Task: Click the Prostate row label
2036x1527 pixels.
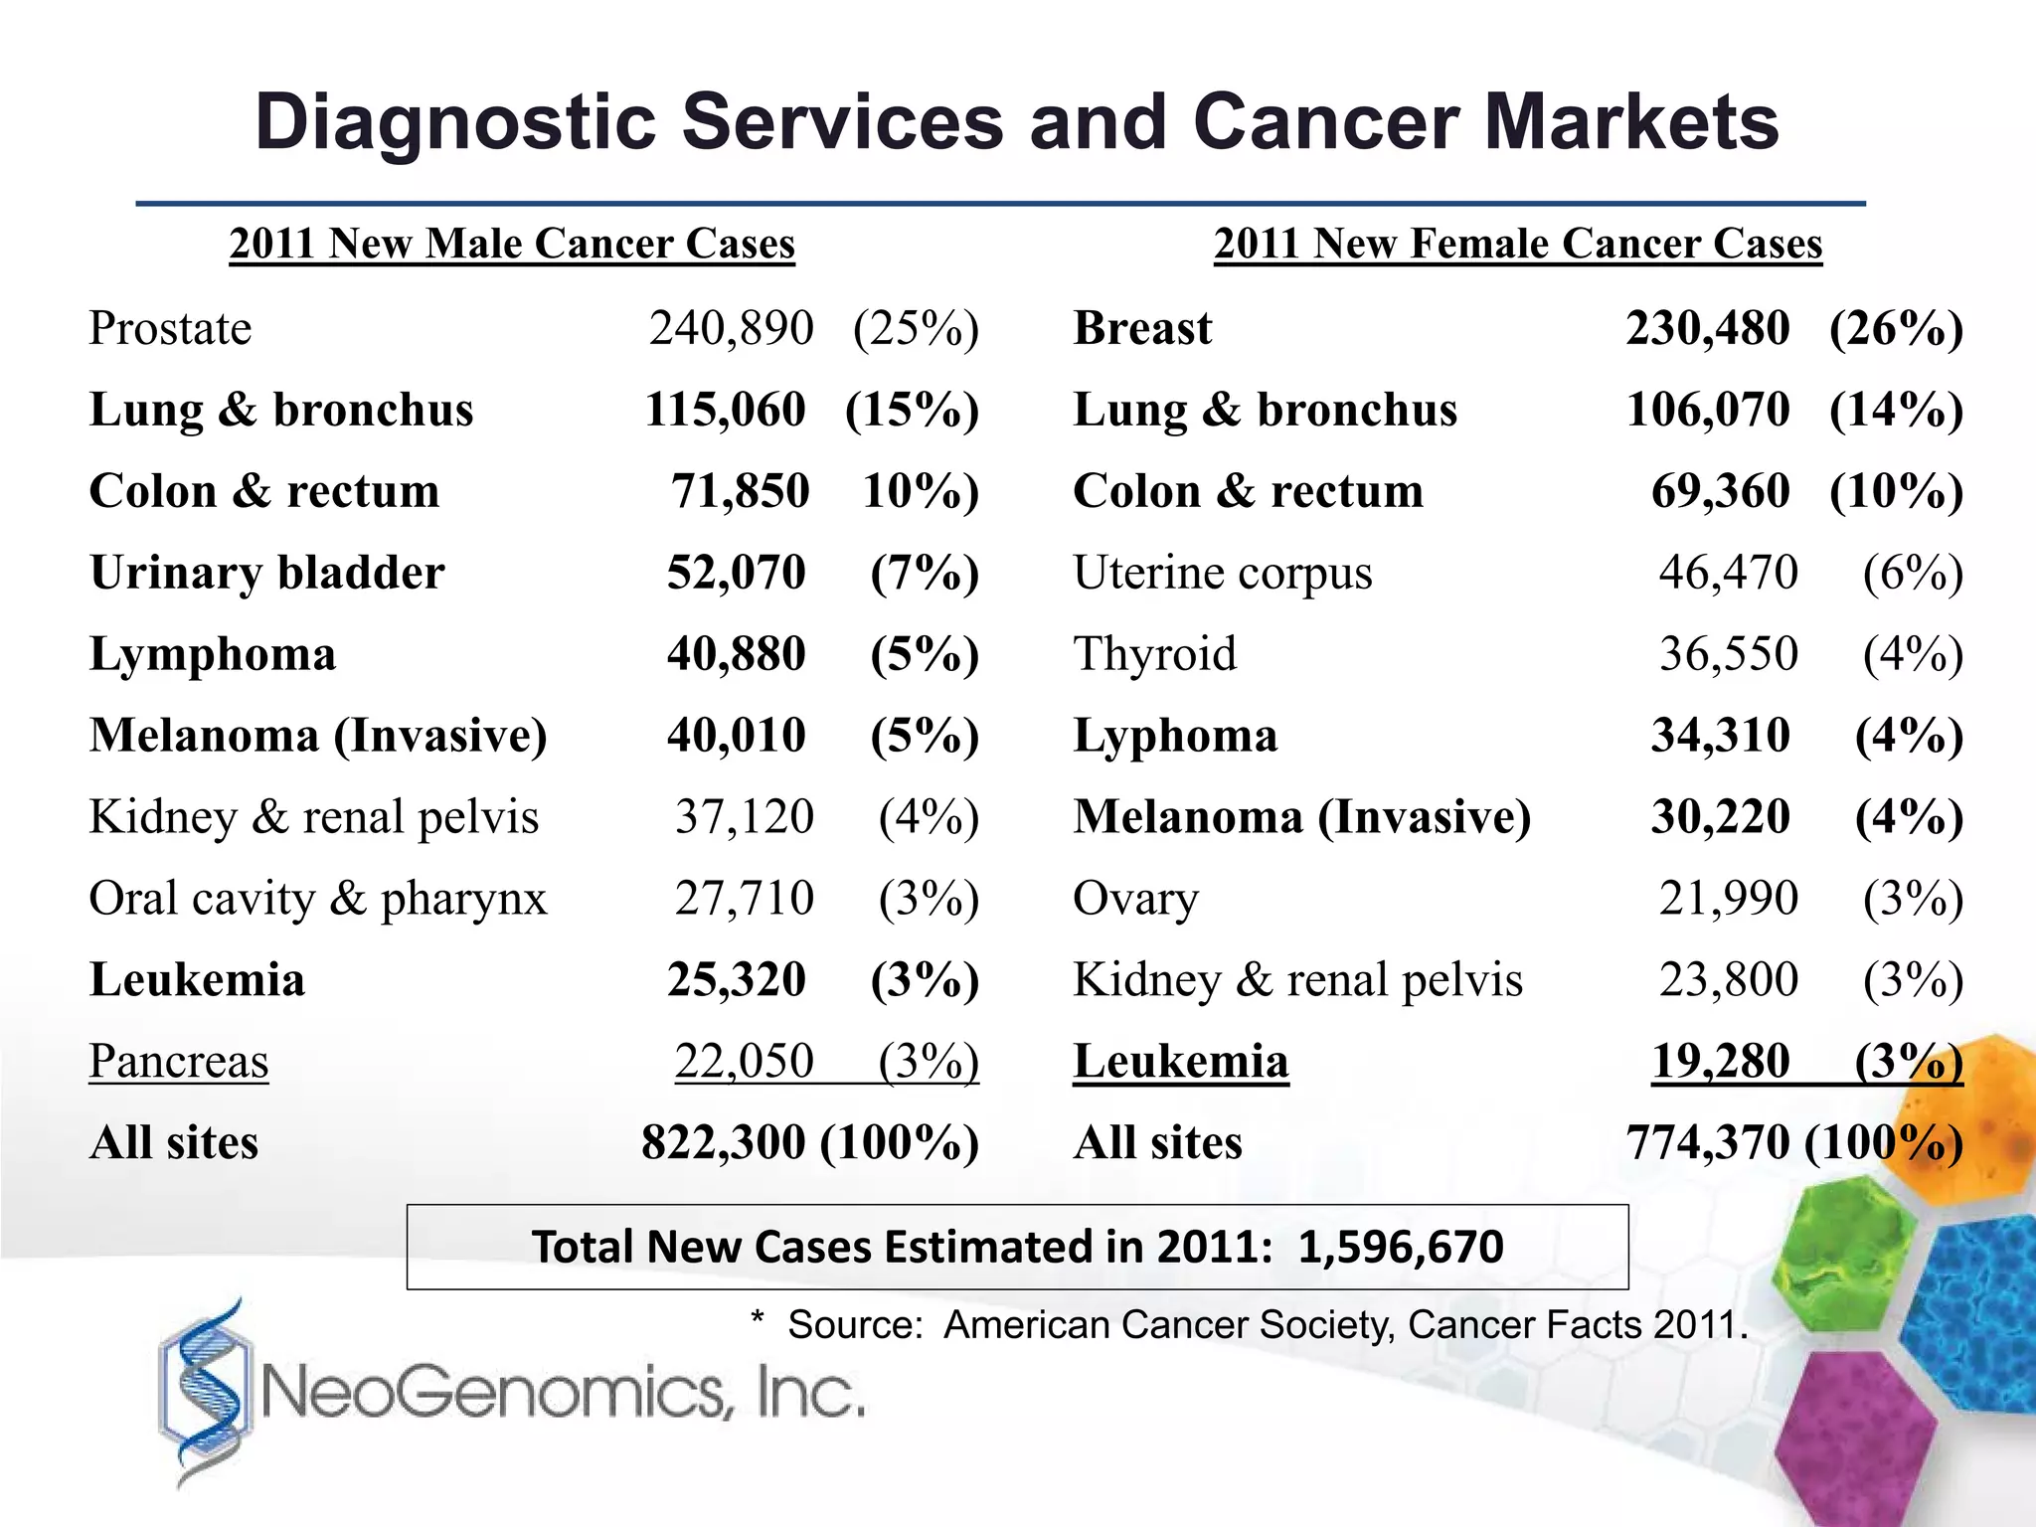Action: click(170, 328)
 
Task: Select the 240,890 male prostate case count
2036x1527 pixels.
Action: click(731, 328)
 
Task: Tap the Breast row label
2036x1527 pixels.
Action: click(1142, 328)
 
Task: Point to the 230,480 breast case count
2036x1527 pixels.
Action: click(1707, 328)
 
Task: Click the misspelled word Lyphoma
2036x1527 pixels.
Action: click(1175, 736)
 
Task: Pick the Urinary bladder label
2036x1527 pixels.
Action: click(266, 573)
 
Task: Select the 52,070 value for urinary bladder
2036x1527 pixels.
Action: click(736, 573)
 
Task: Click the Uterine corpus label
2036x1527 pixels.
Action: click(1222, 573)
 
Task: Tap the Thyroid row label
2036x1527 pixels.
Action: click(1154, 654)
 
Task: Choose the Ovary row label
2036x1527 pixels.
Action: click(1135, 899)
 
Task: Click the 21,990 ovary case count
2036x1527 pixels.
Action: click(1728, 899)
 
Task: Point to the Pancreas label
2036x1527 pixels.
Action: click(179, 1061)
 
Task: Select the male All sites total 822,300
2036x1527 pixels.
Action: click(723, 1142)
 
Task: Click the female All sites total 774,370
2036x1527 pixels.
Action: click(1707, 1142)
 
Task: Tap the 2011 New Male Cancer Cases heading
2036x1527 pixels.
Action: click(512, 244)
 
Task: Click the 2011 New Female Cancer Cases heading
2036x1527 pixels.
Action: click(1518, 244)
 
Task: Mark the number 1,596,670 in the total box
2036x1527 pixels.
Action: click(1400, 1247)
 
